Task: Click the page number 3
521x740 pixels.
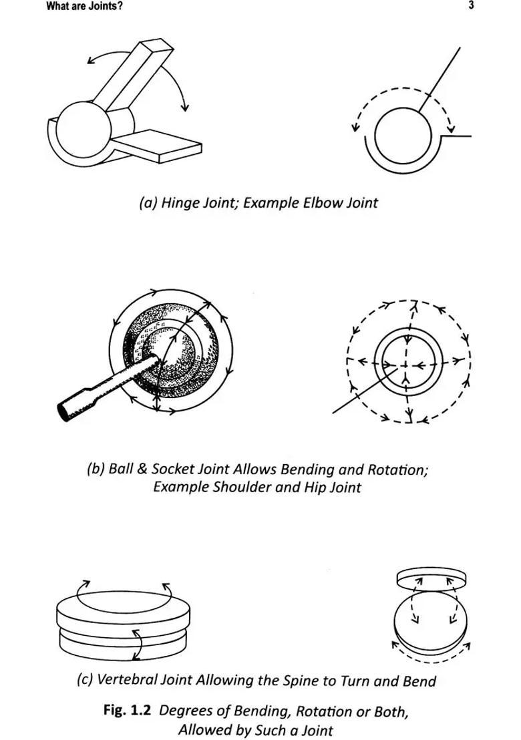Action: [x=471, y=6]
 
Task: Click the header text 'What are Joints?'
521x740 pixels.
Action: [x=84, y=7]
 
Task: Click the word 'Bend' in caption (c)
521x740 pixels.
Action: [x=419, y=681]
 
